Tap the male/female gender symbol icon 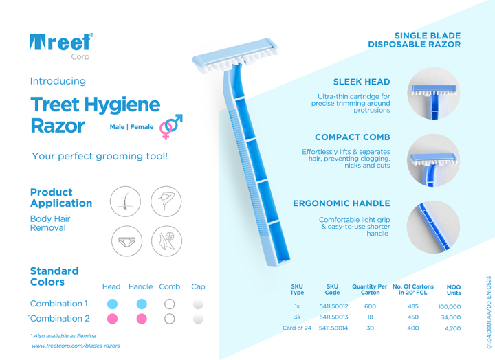coord(170,126)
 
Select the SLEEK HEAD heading coord(361,82)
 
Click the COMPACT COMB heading coord(352,137)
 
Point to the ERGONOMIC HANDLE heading coord(342,203)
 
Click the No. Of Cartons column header coord(412,289)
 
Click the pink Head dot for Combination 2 coord(111,319)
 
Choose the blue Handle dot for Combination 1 coord(141,303)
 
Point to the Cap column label coord(198,286)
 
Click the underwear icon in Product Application coord(126,241)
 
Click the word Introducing coord(58,81)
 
